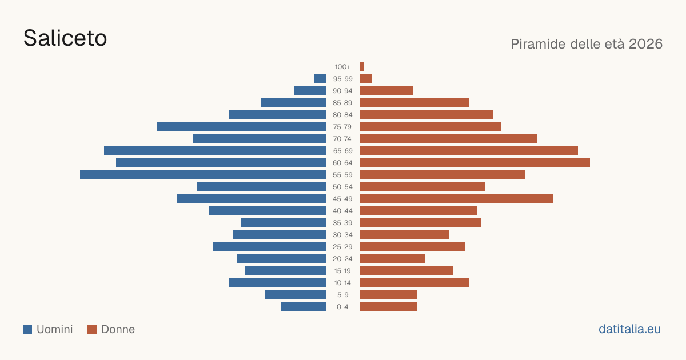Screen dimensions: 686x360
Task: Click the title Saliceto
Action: click(65, 38)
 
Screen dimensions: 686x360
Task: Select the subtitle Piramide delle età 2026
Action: click(587, 44)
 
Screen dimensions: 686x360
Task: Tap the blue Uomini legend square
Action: click(27, 329)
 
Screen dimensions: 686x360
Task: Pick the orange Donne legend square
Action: click(92, 329)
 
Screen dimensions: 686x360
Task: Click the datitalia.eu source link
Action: click(629, 329)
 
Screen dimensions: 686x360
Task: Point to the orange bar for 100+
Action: click(362, 66)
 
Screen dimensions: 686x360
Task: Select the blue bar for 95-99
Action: click(320, 79)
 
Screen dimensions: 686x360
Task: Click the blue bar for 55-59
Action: click(203, 174)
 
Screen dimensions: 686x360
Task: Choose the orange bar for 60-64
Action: click(475, 162)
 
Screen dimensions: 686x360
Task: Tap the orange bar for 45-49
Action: click(457, 199)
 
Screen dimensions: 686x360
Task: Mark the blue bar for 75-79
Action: click(241, 127)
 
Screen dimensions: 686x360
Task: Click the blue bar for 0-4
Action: click(304, 306)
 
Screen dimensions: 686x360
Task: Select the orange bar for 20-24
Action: click(392, 259)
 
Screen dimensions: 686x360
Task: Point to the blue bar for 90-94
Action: click(310, 91)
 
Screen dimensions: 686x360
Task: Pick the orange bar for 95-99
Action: click(366, 79)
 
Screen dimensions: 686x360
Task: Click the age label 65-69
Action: click(342, 151)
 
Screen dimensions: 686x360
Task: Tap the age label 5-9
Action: click(342, 295)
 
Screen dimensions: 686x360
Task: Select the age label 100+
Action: click(342, 67)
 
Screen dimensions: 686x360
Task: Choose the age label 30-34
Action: click(342, 235)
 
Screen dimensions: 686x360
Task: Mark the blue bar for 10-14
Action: click(277, 282)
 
